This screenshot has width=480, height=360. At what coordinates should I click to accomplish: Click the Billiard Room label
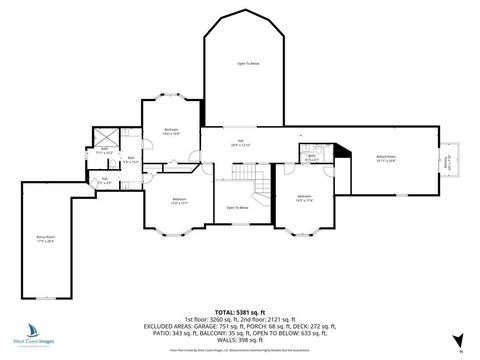point(385,159)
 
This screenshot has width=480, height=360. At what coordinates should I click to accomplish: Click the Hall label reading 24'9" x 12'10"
point(241,144)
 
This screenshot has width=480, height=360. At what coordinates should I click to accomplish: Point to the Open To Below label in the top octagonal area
point(248,64)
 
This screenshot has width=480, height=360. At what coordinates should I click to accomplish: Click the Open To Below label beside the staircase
point(236,208)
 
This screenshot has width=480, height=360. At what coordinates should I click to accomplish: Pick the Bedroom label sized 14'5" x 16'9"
point(171,131)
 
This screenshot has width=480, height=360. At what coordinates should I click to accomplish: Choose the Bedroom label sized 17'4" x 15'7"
point(179,200)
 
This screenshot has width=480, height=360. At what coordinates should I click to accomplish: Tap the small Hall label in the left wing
point(104,180)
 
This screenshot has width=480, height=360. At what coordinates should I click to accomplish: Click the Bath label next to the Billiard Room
point(312,156)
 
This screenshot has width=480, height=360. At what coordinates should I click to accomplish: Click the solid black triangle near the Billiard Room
point(342,152)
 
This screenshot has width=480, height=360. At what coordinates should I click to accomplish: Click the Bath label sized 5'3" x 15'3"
point(131,158)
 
